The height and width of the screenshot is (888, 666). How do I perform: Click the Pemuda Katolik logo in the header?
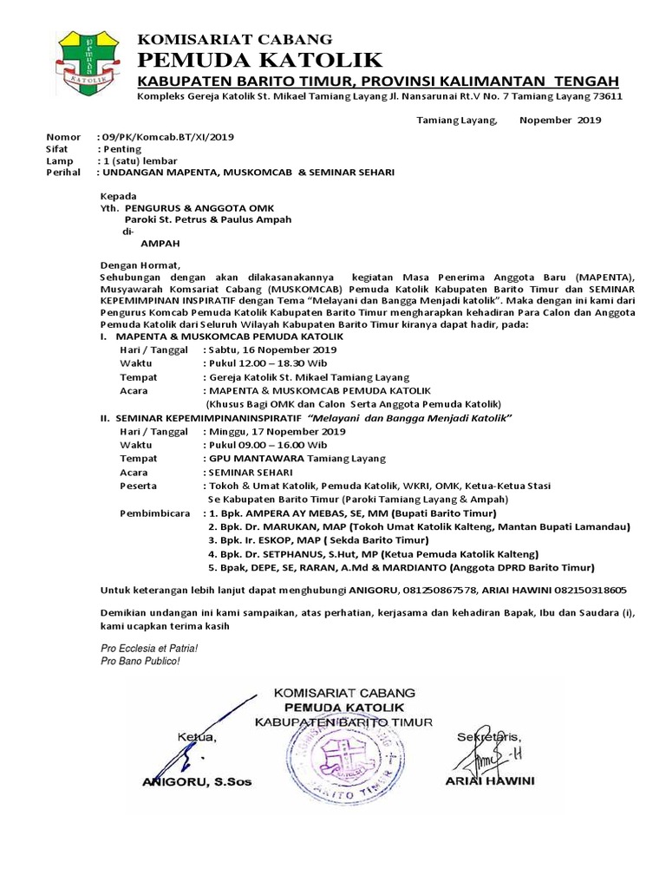90,65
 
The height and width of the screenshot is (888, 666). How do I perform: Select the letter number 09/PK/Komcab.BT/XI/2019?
167,137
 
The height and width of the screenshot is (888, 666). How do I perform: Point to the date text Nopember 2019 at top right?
559,121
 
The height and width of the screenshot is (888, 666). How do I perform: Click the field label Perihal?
62,173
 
